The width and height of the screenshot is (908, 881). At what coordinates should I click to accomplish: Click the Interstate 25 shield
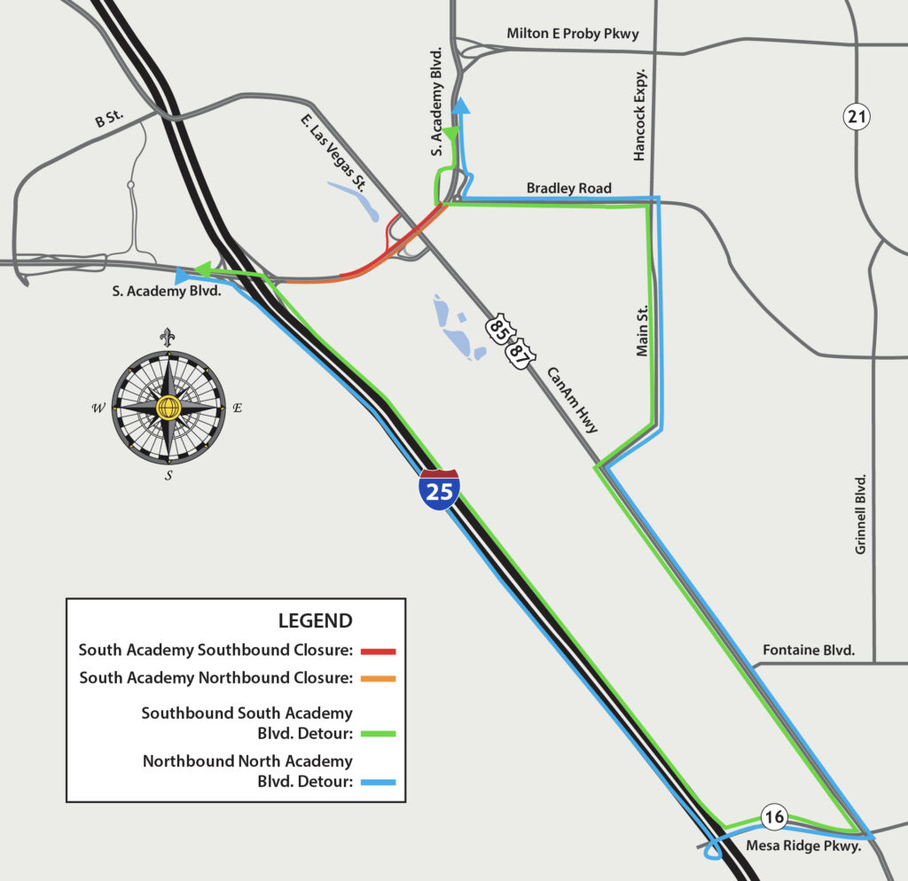[x=440, y=490]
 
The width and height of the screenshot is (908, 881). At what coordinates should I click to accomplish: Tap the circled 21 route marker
[x=857, y=115]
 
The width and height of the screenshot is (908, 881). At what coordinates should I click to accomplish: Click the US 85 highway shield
[x=497, y=329]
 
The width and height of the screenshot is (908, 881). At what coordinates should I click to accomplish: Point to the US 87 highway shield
[x=517, y=353]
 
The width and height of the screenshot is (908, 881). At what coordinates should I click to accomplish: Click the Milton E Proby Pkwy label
[x=572, y=34]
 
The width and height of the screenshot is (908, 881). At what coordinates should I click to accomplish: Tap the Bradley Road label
[x=568, y=188]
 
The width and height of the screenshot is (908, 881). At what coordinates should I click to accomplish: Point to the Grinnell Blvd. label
[x=860, y=514]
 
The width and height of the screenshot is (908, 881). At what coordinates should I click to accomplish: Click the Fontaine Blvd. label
[x=808, y=651]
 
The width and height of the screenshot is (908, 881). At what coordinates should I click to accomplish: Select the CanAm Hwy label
[x=571, y=400]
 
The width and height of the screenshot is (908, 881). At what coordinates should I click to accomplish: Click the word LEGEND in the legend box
[x=315, y=620]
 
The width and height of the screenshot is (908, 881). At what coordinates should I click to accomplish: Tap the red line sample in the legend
[x=378, y=651]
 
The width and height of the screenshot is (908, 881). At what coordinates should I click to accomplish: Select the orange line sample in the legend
[x=378, y=679]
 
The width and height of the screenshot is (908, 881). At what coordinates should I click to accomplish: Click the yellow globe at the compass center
[x=168, y=407]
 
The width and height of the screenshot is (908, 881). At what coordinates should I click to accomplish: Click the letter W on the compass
[x=98, y=408]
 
